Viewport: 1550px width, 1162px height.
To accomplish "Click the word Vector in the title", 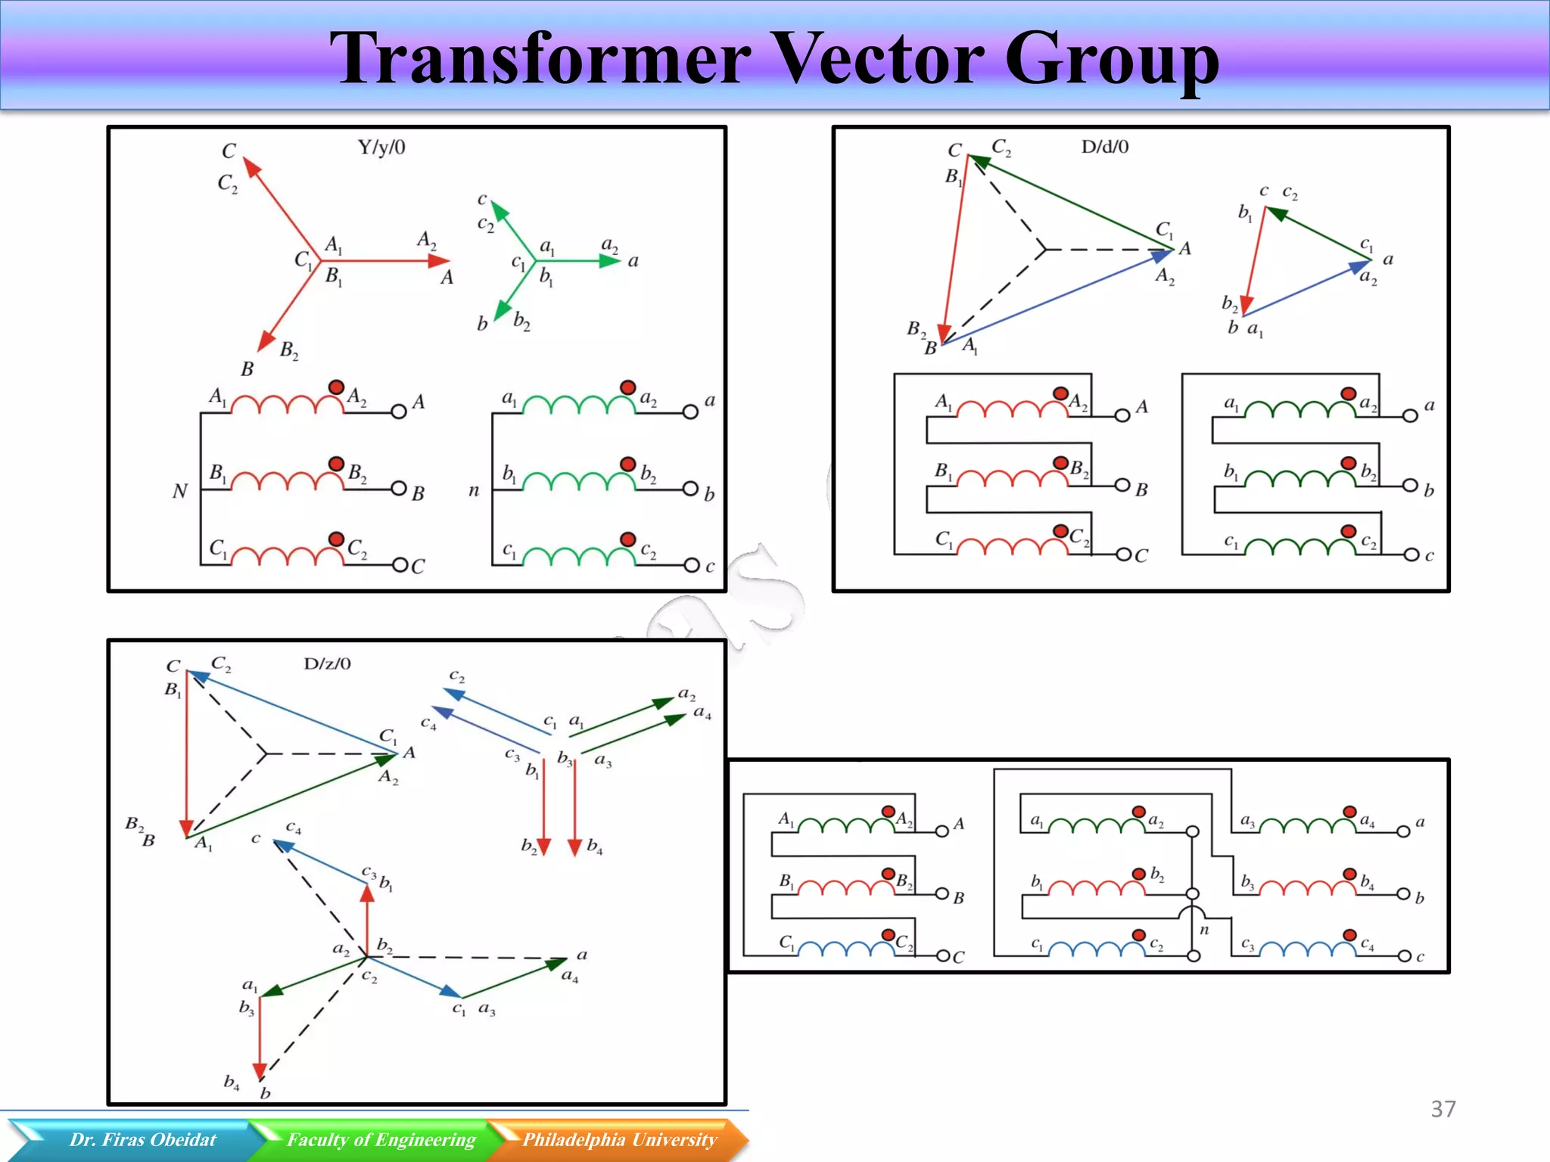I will coord(881,59).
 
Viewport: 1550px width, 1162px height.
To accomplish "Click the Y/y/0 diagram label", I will coord(381,148).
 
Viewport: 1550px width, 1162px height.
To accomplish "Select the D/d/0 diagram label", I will coord(1104,147).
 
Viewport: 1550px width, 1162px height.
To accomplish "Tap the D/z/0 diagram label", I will coord(327,664).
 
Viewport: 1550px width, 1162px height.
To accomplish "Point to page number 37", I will coord(1443,1109).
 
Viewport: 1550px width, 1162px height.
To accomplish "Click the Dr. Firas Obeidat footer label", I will coord(142,1139).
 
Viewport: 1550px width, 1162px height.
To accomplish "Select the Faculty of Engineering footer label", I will coord(381,1139).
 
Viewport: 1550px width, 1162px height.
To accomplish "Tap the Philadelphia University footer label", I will coord(619,1139).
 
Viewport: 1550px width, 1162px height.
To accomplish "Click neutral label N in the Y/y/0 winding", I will coord(179,492).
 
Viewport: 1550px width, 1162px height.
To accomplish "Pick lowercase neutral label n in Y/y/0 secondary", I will coord(474,491).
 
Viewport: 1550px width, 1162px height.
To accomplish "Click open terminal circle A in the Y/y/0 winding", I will coord(399,412).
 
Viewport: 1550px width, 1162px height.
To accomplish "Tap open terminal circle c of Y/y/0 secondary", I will coord(691,565).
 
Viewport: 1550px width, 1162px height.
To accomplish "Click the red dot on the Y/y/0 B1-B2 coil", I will coord(336,464).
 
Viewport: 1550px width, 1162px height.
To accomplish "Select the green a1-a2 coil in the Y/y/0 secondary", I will coord(579,406).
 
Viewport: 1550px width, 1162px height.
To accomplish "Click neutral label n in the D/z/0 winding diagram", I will coord(1204,930).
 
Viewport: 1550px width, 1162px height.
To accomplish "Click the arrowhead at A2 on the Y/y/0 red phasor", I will coord(439,261).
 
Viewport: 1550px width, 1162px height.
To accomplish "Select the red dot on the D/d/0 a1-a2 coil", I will coord(1348,393).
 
